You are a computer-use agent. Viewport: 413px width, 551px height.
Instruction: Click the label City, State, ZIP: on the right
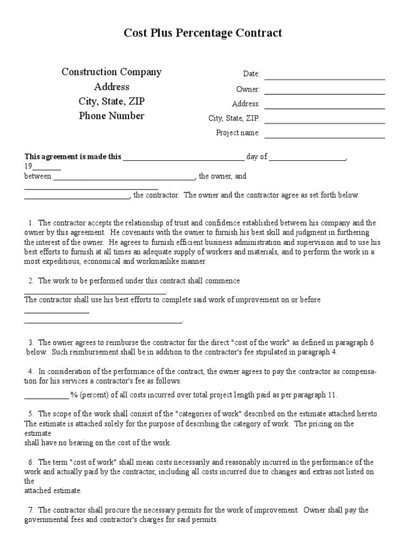234,118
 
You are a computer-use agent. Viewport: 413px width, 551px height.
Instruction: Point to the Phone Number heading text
112,116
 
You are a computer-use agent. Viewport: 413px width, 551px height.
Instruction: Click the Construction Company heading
111,72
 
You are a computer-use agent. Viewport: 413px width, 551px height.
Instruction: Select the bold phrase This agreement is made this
73,157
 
